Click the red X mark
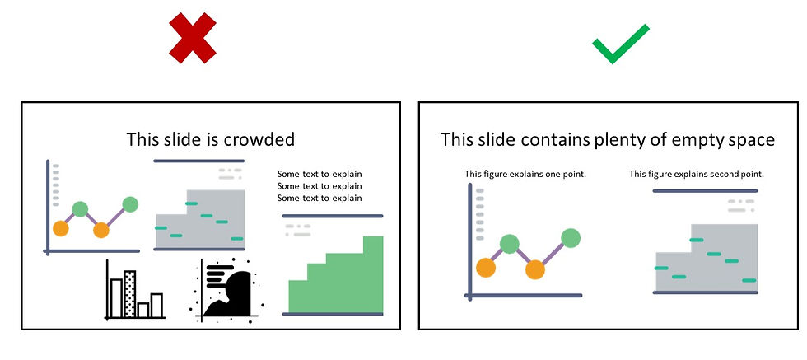193,38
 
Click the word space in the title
751,140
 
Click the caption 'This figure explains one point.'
525,174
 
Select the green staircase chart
335,277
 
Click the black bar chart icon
135,292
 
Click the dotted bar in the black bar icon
129,293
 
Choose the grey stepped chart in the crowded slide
200,218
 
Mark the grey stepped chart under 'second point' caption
705,258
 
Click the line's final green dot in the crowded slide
131,203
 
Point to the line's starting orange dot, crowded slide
60,228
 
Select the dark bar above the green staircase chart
333,217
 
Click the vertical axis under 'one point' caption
470,239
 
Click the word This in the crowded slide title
144,139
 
